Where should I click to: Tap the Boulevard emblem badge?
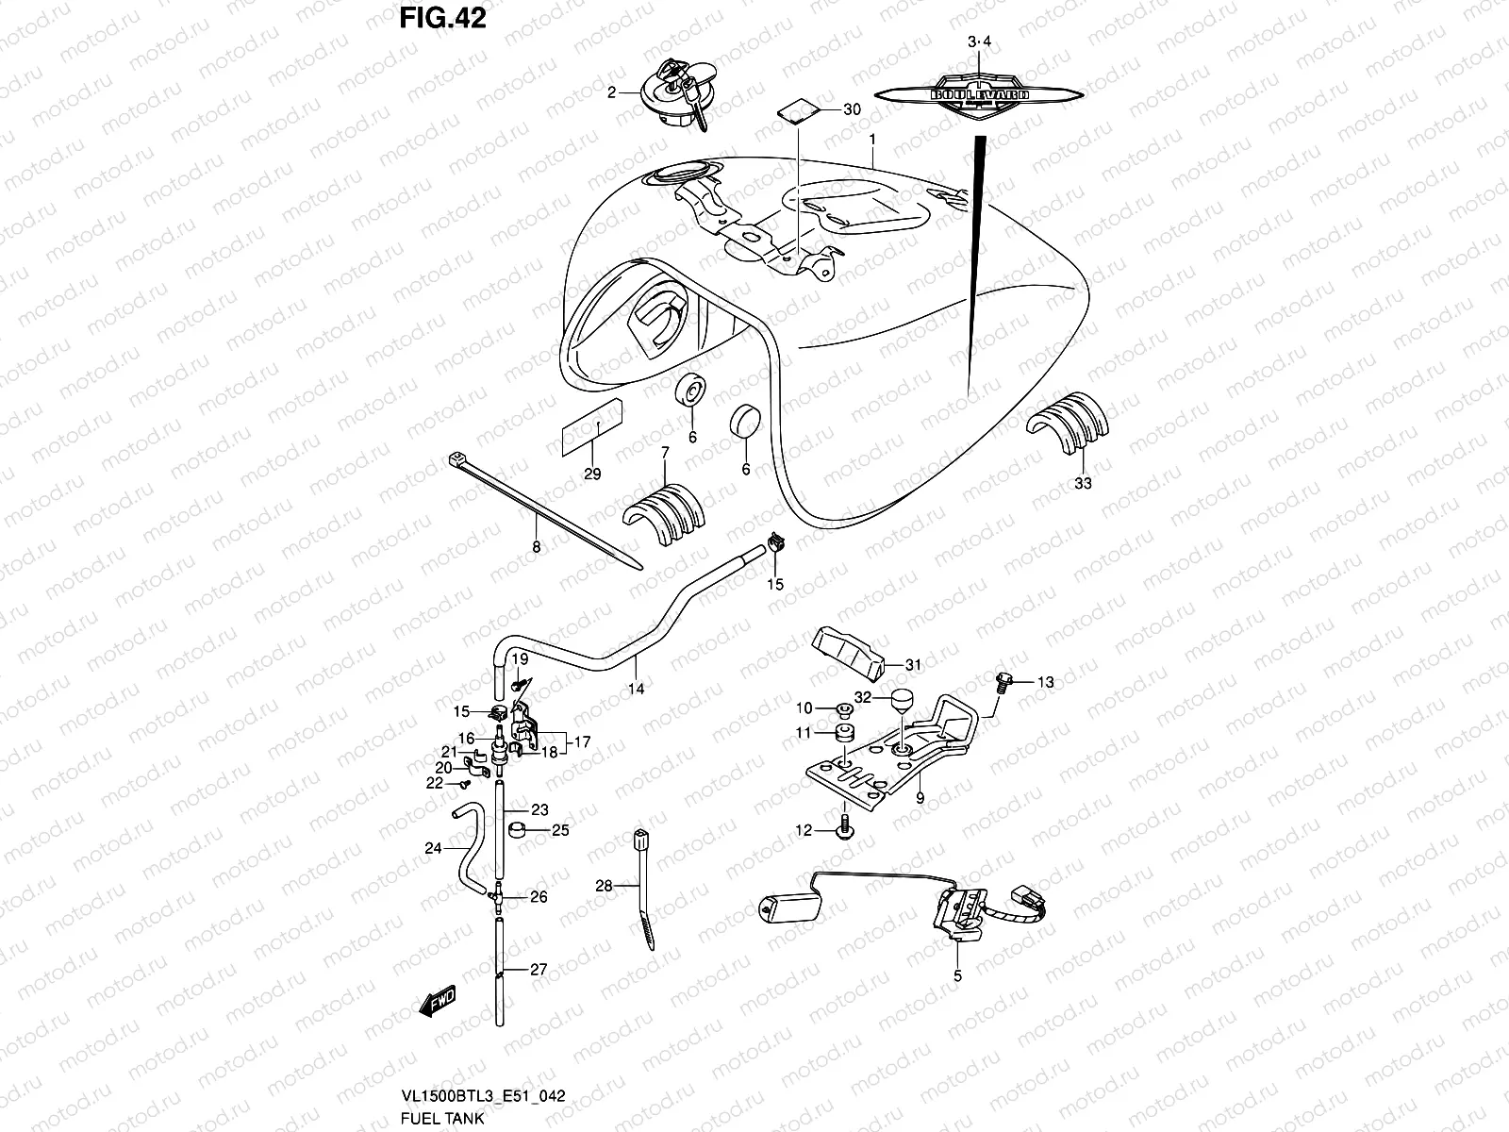(980, 94)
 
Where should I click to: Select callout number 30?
(852, 109)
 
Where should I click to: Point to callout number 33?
(1083, 483)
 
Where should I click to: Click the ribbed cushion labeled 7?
(664, 515)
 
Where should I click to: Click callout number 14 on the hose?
(637, 690)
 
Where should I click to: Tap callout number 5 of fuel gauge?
(957, 977)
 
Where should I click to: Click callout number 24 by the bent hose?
(433, 848)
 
